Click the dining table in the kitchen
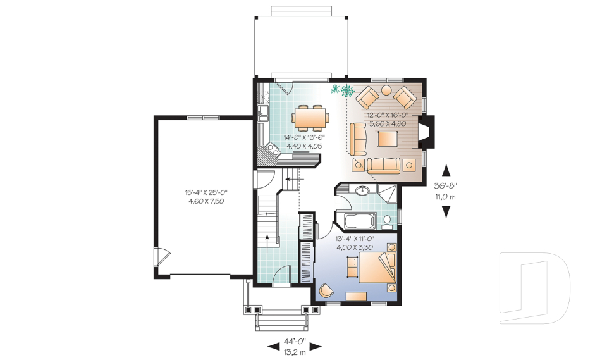(310, 118)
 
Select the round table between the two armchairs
(386, 90)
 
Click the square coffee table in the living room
(388, 139)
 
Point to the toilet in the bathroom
(387, 221)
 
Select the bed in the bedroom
(377, 268)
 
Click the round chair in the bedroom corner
(325, 290)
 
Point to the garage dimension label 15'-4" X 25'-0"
(206, 192)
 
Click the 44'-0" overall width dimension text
(295, 342)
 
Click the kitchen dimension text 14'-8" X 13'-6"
(304, 137)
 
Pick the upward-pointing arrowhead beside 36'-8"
(446, 170)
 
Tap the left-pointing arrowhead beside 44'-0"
(274, 345)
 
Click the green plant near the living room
(343, 90)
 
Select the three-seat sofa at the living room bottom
(383, 166)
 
